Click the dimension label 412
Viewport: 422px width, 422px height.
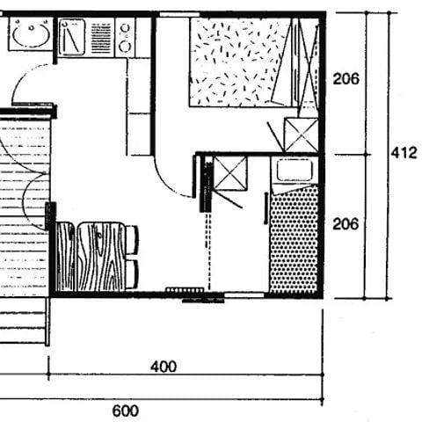coord(404,153)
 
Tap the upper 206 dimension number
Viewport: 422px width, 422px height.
coord(346,79)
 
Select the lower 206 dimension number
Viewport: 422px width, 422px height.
coord(346,224)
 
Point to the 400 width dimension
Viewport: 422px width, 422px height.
coord(164,367)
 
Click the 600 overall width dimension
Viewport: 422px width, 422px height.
coord(126,411)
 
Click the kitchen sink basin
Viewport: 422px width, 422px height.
coord(72,37)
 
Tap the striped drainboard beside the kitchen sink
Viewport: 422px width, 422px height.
coord(101,38)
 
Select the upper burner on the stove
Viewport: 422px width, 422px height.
coord(126,28)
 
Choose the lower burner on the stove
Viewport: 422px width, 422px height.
coord(126,47)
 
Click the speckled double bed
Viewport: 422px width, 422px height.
coord(241,62)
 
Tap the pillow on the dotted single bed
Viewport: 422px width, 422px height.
coord(295,171)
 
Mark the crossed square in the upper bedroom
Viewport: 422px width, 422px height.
coord(302,135)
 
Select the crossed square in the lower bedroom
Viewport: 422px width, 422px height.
coord(230,173)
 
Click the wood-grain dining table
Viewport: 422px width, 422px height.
coord(101,257)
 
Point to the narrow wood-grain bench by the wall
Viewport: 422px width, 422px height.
coord(65,257)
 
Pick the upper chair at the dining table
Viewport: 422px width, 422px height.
coord(132,240)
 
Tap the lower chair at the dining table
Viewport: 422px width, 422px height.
coord(132,274)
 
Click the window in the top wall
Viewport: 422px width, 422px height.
coord(179,14)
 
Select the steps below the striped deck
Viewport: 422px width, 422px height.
coord(24,322)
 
